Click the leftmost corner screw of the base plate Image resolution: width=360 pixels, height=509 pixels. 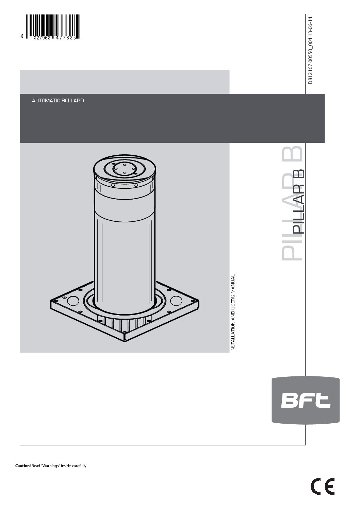pyautogui.click(x=54, y=301)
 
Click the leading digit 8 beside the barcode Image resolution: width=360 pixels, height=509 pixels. pyautogui.click(x=22, y=38)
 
